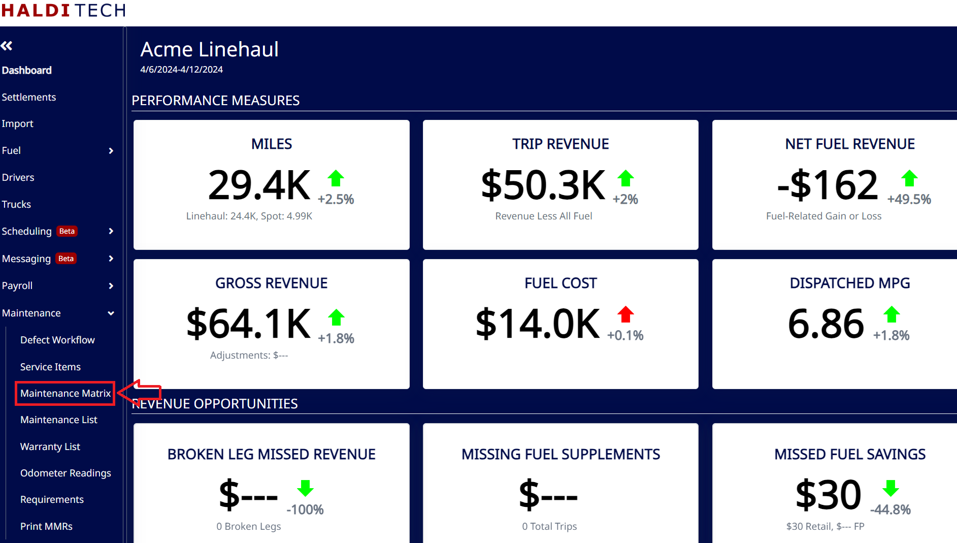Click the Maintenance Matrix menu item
click(x=65, y=393)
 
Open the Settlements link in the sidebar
click(x=29, y=97)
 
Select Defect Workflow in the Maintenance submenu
click(x=57, y=340)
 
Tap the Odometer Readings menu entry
click(x=65, y=473)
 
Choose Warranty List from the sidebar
click(x=50, y=446)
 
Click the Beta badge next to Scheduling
click(x=67, y=231)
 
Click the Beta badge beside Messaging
click(x=66, y=259)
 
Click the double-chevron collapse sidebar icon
click(x=7, y=46)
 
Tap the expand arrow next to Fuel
click(x=111, y=151)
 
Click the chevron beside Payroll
click(x=111, y=286)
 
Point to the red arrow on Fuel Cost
click(x=625, y=314)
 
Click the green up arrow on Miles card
click(x=336, y=178)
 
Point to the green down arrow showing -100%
click(x=305, y=488)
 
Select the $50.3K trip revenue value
click(x=543, y=185)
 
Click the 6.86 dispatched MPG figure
click(x=826, y=324)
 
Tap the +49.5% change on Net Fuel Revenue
click(x=909, y=199)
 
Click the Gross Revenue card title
click(x=272, y=283)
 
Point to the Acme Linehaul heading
click(x=210, y=49)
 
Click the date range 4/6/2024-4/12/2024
click(x=182, y=70)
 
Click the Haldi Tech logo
click(x=63, y=10)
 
